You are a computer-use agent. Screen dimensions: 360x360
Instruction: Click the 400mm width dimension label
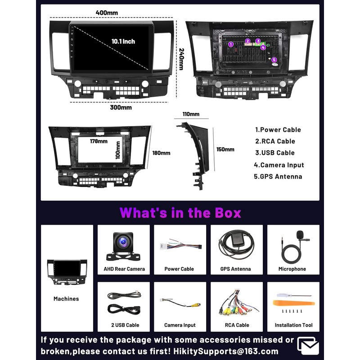[107, 13]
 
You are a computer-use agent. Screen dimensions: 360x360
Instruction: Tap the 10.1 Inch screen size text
[123, 41]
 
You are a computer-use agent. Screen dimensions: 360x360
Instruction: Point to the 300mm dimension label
[121, 108]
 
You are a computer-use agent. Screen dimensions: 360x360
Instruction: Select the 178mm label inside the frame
[99, 141]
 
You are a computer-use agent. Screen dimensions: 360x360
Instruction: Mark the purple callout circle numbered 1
[231, 44]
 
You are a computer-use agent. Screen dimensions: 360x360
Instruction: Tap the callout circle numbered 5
[274, 60]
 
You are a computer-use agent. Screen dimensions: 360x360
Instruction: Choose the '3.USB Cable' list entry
[274, 153]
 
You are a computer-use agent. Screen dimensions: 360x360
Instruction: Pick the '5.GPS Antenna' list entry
[278, 176]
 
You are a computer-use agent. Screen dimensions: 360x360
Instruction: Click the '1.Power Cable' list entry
[278, 130]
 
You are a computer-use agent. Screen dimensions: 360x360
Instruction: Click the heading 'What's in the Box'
[180, 212]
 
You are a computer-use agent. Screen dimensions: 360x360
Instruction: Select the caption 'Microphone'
[292, 269]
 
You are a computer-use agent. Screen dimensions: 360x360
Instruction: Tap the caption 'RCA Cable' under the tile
[236, 325]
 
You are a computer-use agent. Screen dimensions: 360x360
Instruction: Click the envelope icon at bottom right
[308, 346]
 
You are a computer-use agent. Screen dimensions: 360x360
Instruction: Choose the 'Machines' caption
[66, 299]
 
